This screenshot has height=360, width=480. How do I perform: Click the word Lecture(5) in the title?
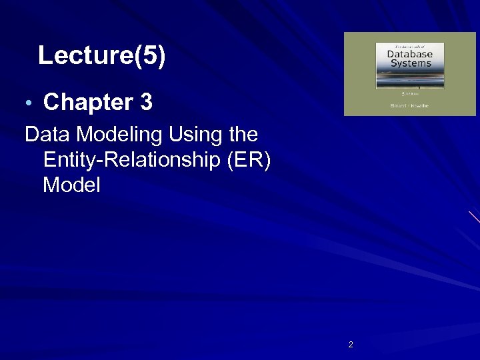click(x=101, y=56)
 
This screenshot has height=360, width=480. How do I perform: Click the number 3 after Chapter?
click(x=146, y=103)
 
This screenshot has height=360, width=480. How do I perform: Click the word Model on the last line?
click(x=71, y=185)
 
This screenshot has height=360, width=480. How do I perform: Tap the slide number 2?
click(x=351, y=345)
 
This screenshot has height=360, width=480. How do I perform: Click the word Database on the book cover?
click(x=405, y=53)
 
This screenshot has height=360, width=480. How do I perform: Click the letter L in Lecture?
click(x=45, y=56)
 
